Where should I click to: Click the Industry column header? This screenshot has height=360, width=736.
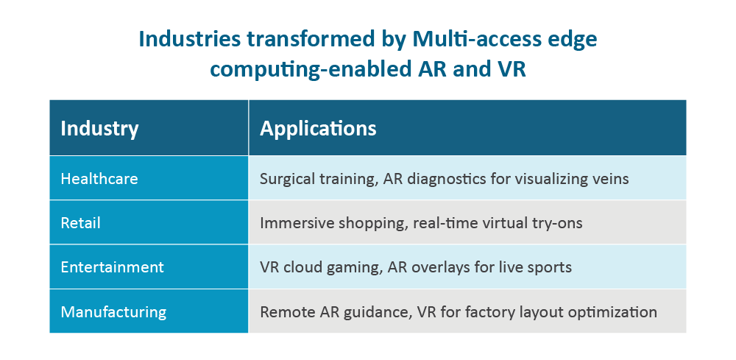(99, 129)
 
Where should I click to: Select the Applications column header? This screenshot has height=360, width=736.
(318, 129)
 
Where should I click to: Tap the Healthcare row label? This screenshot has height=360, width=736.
(99, 179)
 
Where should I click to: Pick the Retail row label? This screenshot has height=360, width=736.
(81, 223)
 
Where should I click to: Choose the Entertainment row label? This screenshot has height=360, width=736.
(113, 267)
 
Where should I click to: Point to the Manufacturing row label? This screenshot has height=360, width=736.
(113, 311)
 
